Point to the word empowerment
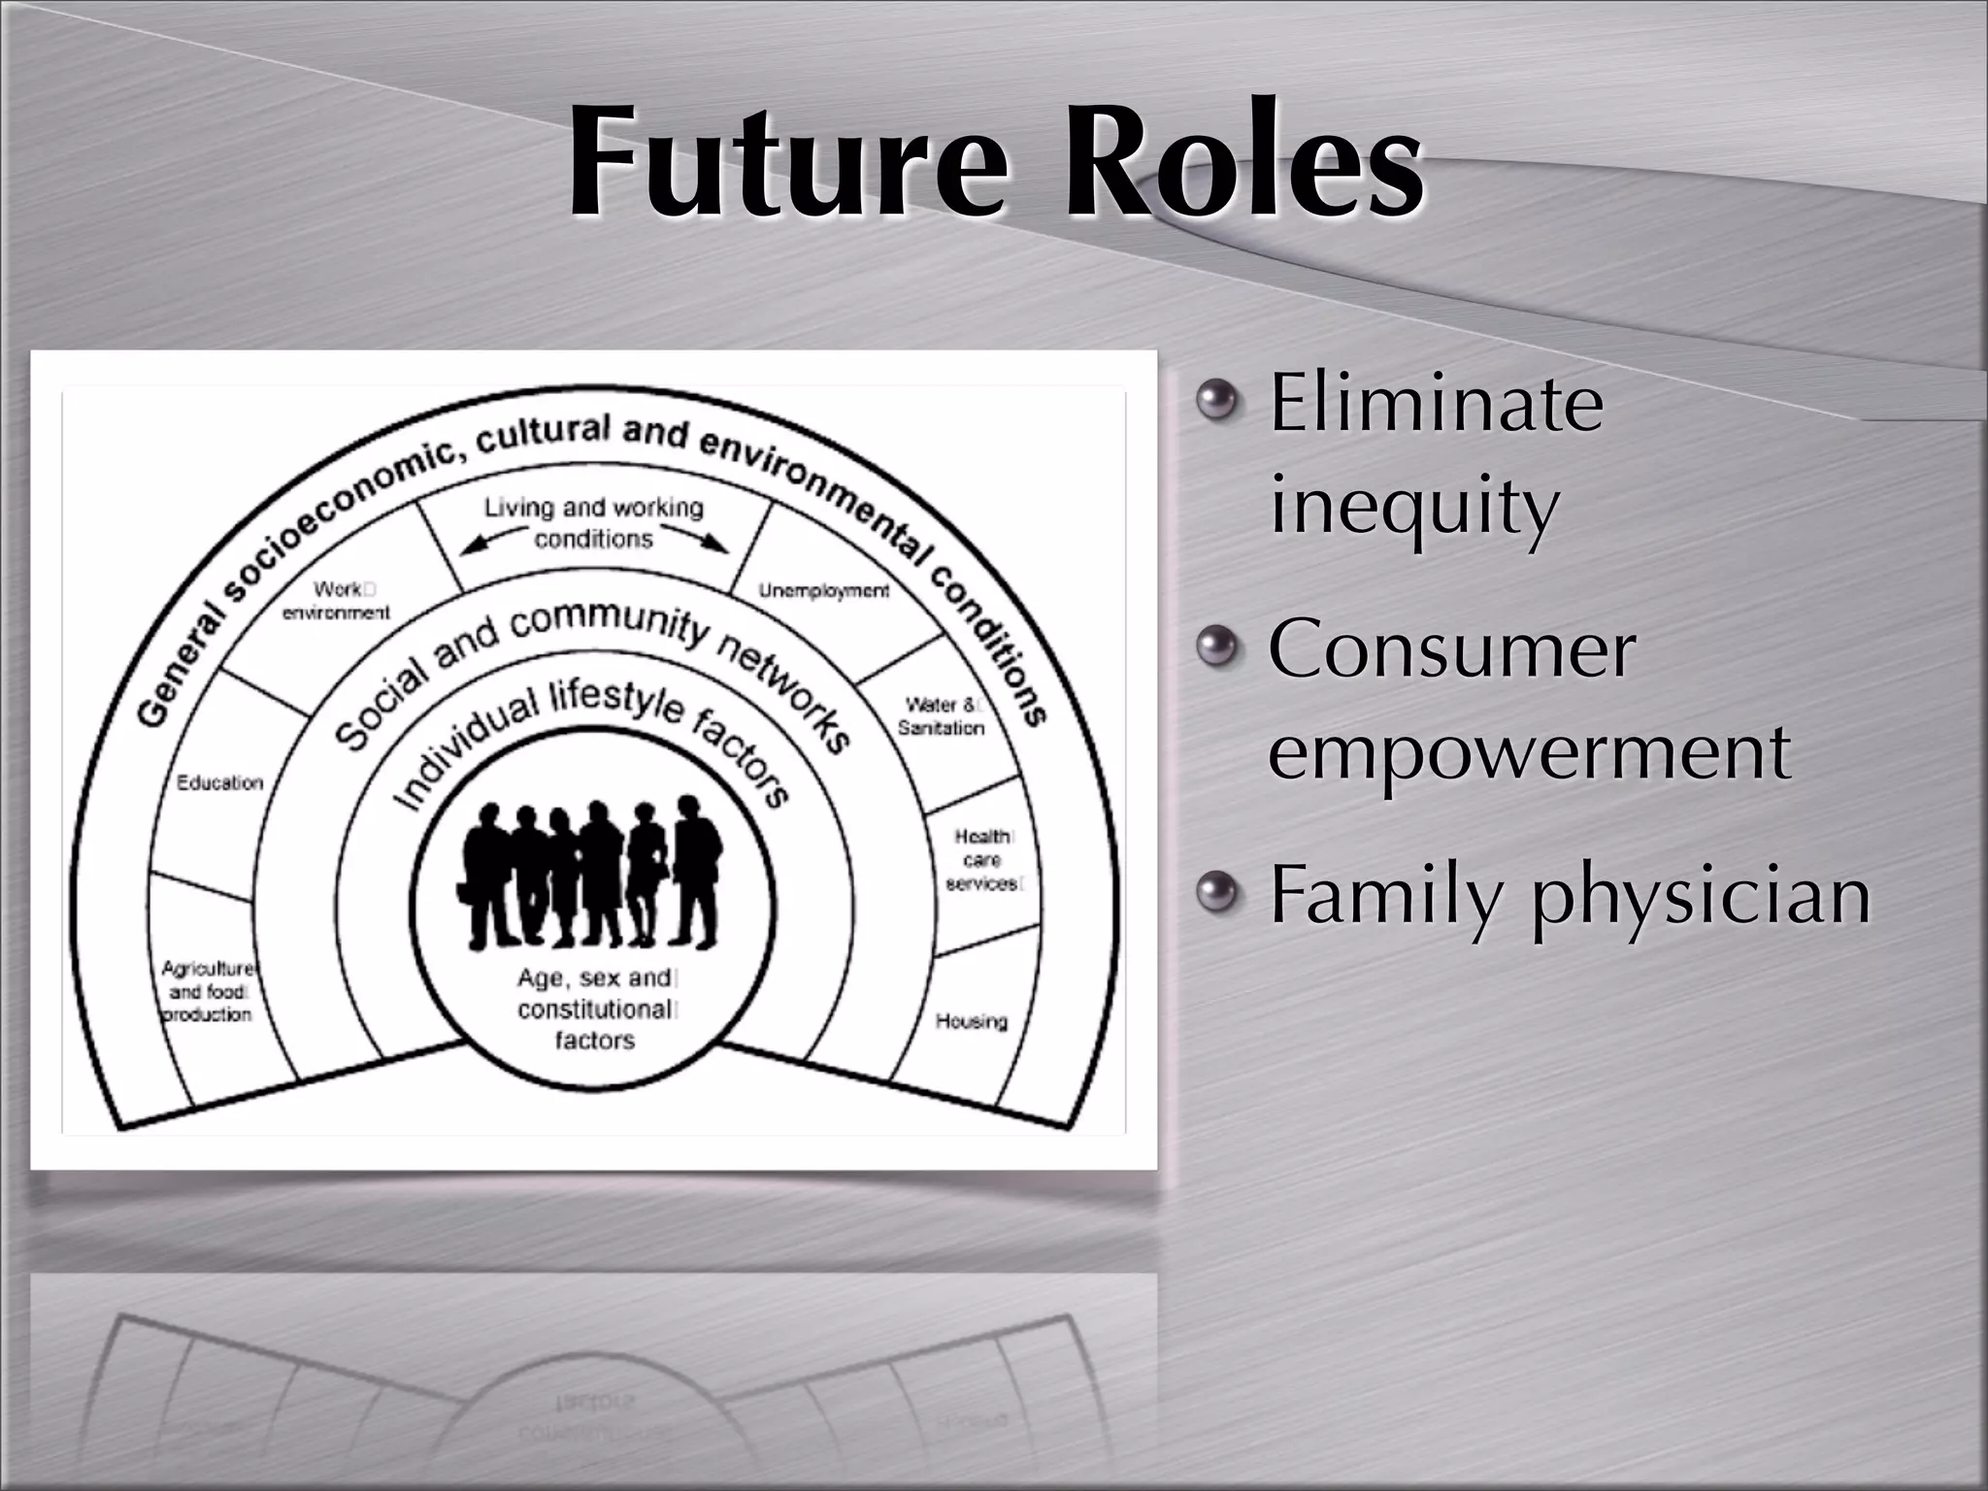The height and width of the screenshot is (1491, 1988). point(1529,753)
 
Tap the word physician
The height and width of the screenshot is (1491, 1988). point(1701,896)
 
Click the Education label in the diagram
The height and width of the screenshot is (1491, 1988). point(220,782)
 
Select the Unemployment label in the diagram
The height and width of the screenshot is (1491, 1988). point(824,590)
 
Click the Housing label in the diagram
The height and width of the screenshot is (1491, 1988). point(971,1021)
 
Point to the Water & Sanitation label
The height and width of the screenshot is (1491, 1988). point(941,716)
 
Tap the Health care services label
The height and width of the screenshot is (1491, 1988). point(982,860)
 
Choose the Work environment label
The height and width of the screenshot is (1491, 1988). point(336,601)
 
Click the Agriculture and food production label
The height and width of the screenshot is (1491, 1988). point(207,991)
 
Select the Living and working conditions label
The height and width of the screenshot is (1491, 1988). point(593,522)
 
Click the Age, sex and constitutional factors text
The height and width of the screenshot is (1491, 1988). point(594,1009)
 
